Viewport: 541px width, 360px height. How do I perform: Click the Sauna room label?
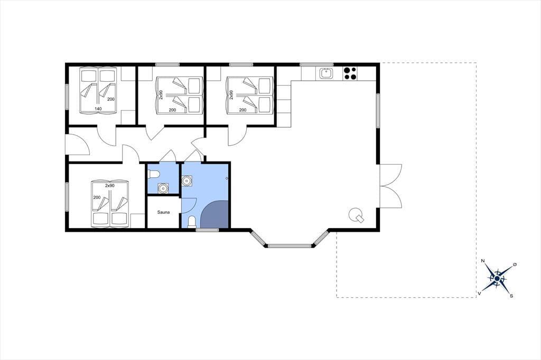[163, 212]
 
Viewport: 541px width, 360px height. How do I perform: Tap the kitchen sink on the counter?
[326, 73]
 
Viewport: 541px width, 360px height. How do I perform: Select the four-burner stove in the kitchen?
[350, 73]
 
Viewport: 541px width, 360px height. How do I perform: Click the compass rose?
[497, 278]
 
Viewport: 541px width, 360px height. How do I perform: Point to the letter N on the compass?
[483, 261]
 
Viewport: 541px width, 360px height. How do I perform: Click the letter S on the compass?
[511, 296]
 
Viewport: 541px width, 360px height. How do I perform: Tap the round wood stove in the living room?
[356, 215]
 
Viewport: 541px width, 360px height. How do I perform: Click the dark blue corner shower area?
[214, 214]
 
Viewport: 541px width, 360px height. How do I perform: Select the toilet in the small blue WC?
[153, 174]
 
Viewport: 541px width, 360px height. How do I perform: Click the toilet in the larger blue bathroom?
[191, 222]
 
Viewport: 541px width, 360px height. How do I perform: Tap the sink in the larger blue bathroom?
[187, 181]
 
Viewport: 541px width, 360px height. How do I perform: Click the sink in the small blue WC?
[163, 188]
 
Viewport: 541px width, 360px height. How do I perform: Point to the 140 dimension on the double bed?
[98, 109]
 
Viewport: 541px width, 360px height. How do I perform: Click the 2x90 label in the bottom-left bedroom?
[110, 185]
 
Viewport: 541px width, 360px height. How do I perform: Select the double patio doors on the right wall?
[391, 186]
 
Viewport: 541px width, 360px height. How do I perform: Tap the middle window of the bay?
[289, 246]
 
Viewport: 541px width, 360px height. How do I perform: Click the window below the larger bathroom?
[207, 230]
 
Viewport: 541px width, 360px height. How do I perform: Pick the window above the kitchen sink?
[317, 64]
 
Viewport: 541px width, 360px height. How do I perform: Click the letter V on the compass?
[479, 293]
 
